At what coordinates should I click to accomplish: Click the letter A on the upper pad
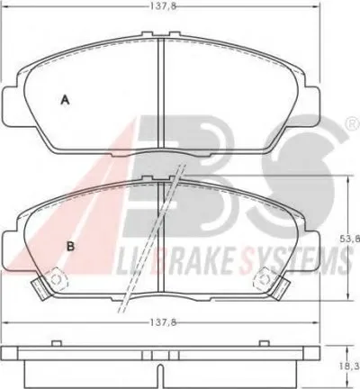[x=65, y=100]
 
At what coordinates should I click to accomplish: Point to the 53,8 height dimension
[x=354, y=239]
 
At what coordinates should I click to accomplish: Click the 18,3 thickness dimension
[x=354, y=366]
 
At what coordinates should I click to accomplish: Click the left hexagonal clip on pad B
[x=56, y=279]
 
